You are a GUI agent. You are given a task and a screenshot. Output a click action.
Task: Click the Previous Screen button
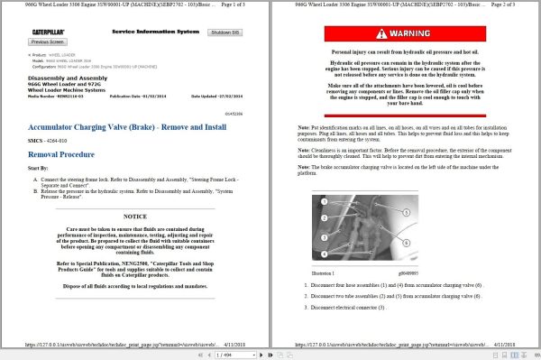tap(48, 42)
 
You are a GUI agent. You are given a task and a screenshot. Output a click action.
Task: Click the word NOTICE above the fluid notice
tap(134, 217)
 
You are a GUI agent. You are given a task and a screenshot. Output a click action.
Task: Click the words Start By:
tap(39, 168)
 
